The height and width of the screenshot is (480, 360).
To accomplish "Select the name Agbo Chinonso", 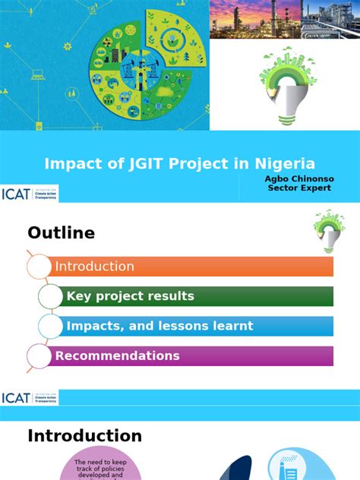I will pos(299,179).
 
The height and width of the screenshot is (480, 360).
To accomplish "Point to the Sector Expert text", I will pos(299,188).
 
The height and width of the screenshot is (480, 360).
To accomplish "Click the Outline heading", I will pos(62,233).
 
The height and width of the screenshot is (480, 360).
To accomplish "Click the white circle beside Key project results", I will pos(50,296).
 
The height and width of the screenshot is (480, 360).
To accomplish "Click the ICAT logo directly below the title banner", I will pos(30,194).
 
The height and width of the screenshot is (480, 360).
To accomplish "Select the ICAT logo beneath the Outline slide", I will pos(30,398).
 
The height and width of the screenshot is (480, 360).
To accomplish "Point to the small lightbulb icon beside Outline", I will pos(326,231).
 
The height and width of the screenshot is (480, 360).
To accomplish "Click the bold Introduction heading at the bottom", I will pos(84,436).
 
